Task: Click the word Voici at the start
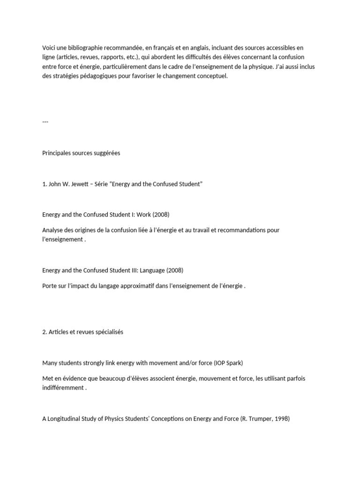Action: [49, 48]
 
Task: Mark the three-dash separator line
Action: [45, 121]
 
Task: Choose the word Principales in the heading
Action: [57, 153]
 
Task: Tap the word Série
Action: [111, 184]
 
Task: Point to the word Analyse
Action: [53, 230]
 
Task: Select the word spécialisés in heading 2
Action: [108, 332]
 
